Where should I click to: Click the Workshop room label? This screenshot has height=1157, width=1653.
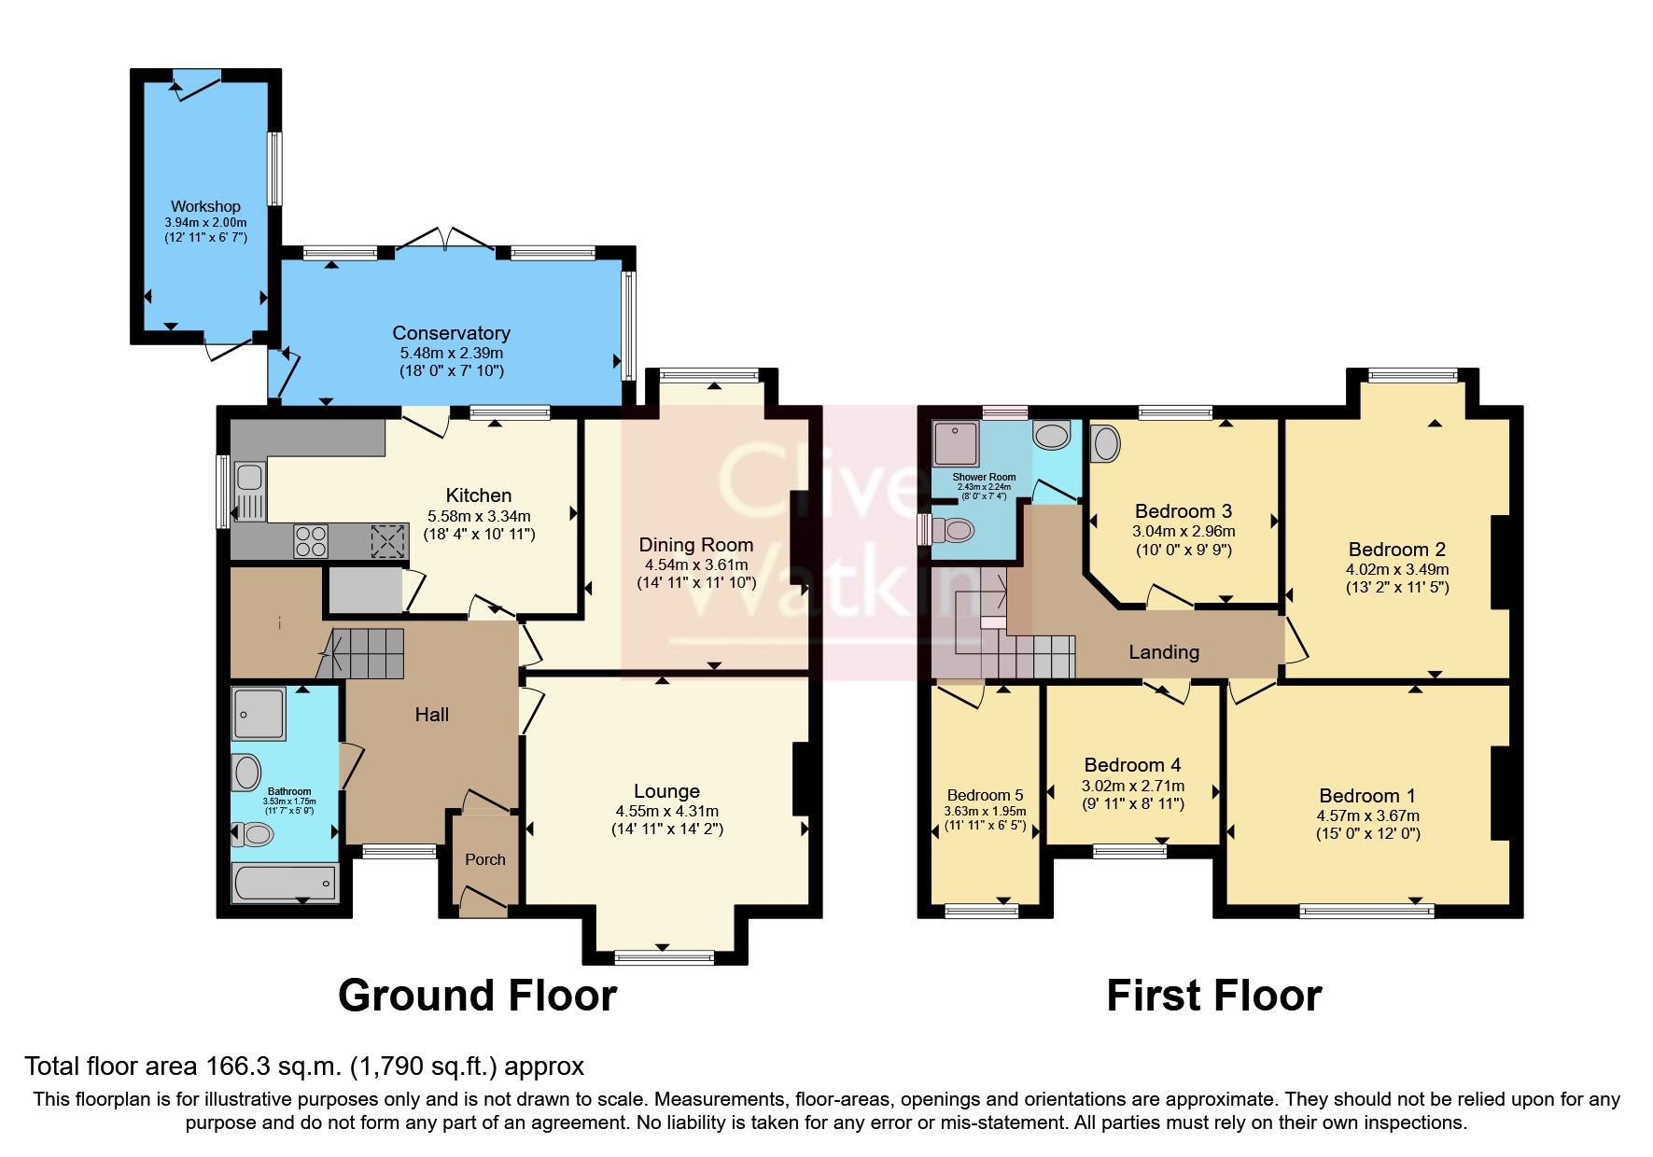(205, 206)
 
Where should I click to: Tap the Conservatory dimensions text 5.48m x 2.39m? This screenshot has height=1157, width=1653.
(452, 354)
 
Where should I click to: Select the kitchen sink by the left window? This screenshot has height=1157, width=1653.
(249, 478)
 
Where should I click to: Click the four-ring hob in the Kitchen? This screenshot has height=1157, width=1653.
(311, 541)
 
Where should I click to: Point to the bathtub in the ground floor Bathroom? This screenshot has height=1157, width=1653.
(285, 882)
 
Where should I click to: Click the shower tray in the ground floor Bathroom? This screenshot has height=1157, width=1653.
(259, 715)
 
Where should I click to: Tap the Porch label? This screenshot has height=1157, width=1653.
(485, 859)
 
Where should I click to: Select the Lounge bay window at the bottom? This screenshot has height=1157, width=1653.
(665, 956)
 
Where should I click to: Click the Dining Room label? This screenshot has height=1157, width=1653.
(695, 545)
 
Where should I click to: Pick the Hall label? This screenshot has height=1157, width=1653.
(431, 715)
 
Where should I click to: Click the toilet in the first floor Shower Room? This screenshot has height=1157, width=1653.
(954, 531)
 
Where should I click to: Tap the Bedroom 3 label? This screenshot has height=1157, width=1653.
(1183, 511)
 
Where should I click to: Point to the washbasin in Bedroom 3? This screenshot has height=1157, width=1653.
(1106, 443)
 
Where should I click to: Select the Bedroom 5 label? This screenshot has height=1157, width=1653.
(985, 795)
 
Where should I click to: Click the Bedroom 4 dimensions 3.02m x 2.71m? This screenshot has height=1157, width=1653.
(1132, 786)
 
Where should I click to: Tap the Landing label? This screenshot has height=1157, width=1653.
(1163, 652)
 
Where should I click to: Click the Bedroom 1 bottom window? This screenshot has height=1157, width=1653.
(1366, 911)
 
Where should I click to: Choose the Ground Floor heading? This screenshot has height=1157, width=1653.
(477, 996)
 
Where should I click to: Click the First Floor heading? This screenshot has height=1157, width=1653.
(1213, 996)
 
